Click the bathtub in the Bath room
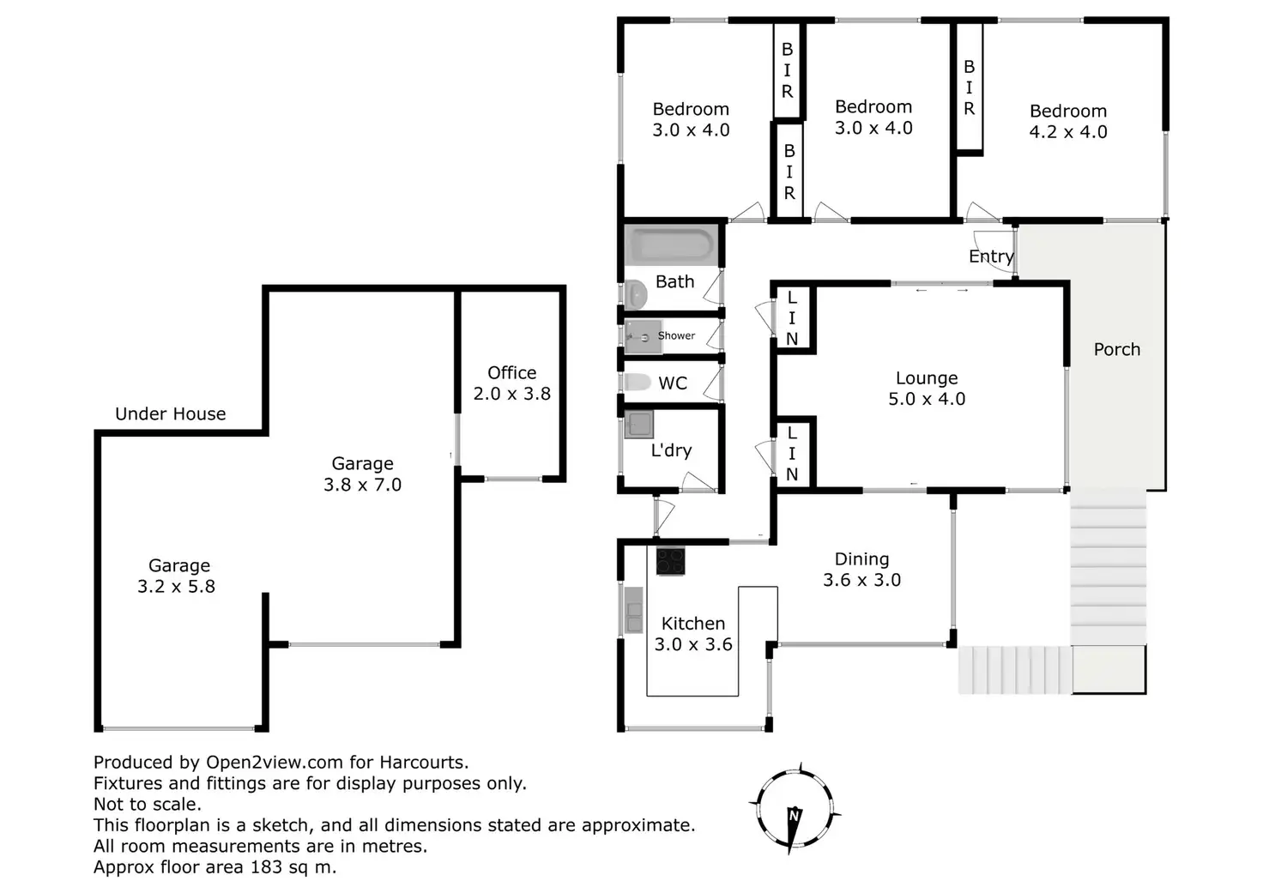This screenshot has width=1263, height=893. point(671,245)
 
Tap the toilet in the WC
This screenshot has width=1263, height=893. point(638,382)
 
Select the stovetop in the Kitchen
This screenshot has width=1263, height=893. point(670,561)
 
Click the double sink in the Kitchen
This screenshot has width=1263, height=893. point(634,610)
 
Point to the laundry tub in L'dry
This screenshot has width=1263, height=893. point(639,424)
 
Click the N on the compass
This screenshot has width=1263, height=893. point(795,816)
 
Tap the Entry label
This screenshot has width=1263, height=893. point(991,256)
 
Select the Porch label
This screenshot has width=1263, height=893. point(1117,349)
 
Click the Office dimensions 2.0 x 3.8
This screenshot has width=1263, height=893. point(512,394)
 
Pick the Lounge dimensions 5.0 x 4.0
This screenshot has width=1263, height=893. point(927,399)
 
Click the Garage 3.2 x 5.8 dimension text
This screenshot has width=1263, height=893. point(177,586)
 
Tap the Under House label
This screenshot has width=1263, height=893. point(170,413)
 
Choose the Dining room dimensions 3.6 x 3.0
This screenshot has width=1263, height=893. point(862,580)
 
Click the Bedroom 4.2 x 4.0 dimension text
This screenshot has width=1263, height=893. point(1068,132)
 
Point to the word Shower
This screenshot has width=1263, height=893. point(676,335)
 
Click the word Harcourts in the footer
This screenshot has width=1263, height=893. point(424,763)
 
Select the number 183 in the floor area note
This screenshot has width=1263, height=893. point(266,866)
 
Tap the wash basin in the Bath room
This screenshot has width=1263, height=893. point(636,294)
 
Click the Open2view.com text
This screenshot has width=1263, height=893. point(275,763)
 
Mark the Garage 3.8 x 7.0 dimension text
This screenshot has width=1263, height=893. point(363,485)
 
